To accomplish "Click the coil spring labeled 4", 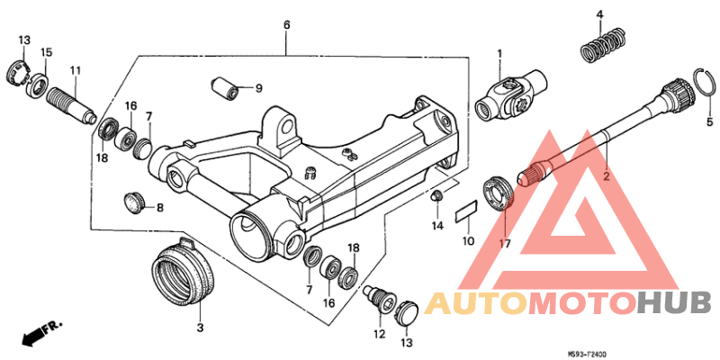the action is [x=603, y=46].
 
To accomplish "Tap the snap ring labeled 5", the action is [x=705, y=82].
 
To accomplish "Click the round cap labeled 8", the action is [x=134, y=202].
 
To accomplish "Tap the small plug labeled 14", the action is [x=436, y=196].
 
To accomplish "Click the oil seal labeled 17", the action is [x=499, y=193].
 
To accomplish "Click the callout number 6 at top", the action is [x=286, y=25].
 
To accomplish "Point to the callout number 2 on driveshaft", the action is [x=606, y=175].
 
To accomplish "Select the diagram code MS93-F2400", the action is [x=587, y=355].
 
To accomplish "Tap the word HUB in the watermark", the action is [x=674, y=303].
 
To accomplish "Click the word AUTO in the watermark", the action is [x=476, y=303].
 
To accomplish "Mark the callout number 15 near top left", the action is [x=46, y=52].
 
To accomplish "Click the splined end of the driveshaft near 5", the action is [x=678, y=94].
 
